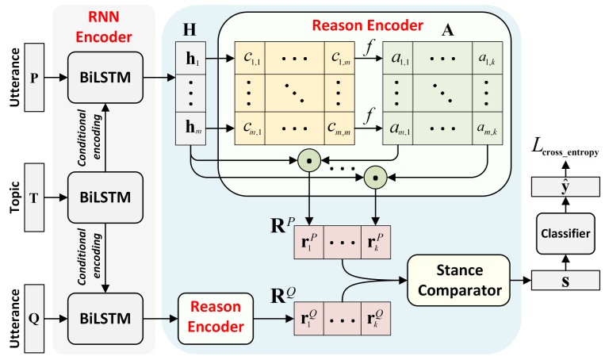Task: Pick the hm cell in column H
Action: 190,128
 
